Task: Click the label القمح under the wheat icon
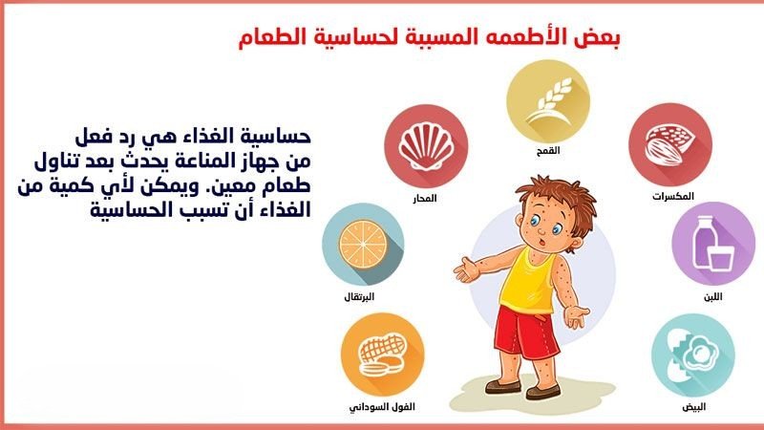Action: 547,151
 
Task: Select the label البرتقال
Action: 361,297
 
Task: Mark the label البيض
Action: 698,407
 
